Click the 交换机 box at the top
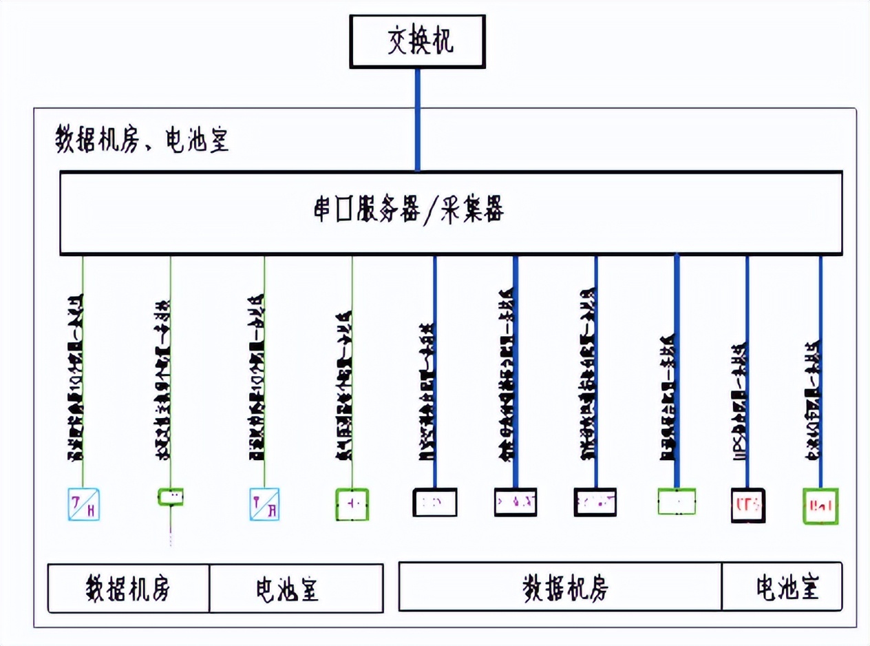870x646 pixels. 417,41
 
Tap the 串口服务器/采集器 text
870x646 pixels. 409,212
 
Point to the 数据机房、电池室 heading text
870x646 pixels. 142,141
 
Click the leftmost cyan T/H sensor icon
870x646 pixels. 84,503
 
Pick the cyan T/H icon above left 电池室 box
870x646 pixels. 265,503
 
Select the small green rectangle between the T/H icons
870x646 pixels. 171,497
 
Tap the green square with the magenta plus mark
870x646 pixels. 352,504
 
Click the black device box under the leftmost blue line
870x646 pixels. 434,502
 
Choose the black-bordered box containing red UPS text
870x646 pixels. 747,506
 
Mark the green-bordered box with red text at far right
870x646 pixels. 821,506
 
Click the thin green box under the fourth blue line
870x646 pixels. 677,501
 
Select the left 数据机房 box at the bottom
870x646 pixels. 129,588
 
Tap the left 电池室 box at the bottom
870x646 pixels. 296,588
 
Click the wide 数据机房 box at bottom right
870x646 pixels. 560,587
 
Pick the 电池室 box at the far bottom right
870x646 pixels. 782,587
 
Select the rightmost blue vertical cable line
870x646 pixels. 820,296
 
